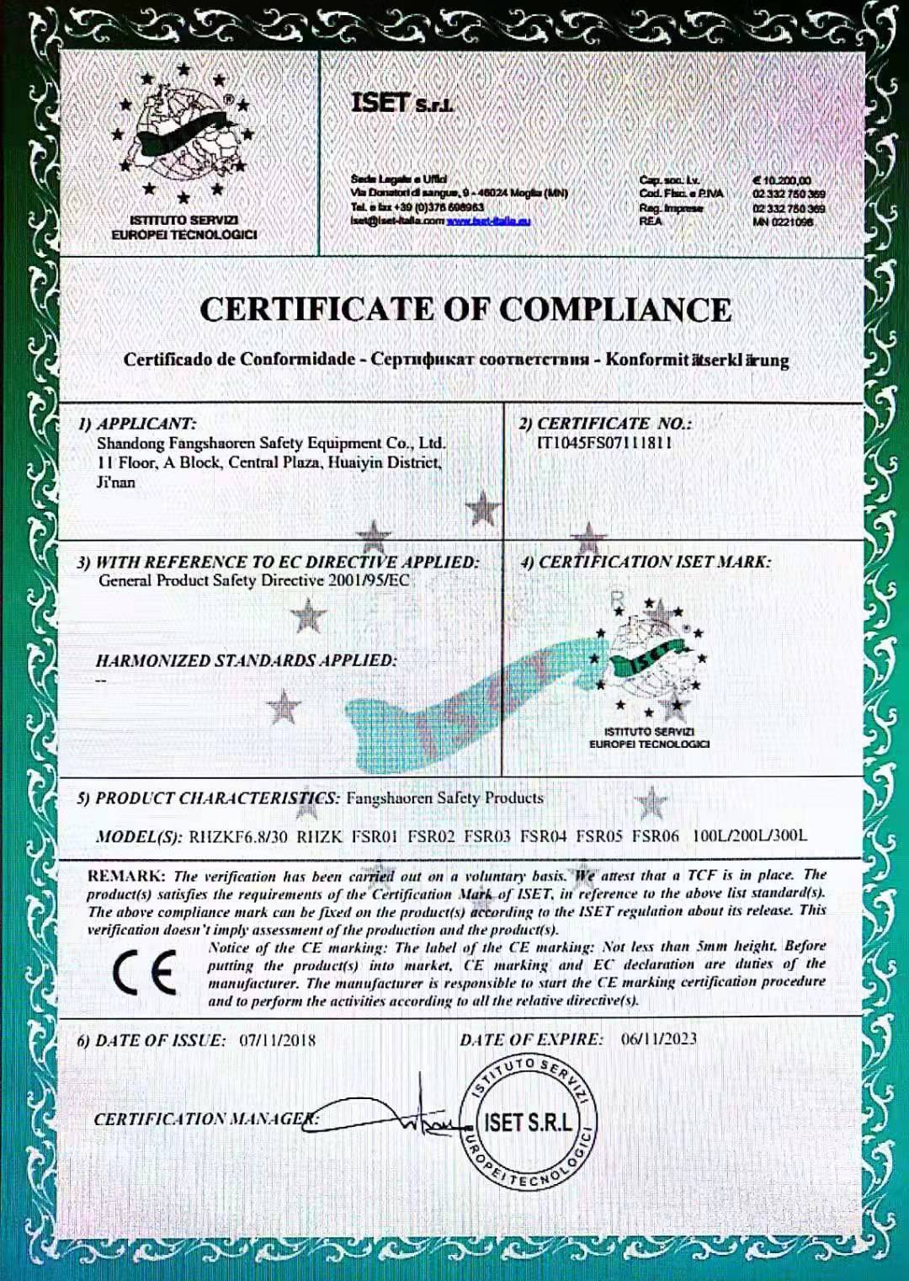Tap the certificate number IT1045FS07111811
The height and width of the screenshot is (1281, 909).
coord(604,443)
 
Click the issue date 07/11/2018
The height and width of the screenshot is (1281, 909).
coord(277,1040)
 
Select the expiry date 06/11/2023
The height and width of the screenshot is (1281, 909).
coord(659,1038)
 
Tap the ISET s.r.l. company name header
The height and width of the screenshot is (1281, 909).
coord(402,104)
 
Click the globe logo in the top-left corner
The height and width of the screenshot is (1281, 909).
coord(184,134)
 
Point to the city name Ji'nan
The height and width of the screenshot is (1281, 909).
coord(115,483)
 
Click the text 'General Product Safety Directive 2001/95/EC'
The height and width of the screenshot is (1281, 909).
coord(253,580)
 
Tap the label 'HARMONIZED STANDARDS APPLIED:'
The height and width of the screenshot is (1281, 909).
coord(246,661)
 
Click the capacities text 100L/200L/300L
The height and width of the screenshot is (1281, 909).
coord(749,835)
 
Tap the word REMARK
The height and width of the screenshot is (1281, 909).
coord(125,876)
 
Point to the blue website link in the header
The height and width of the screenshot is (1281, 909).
coord(488,222)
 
